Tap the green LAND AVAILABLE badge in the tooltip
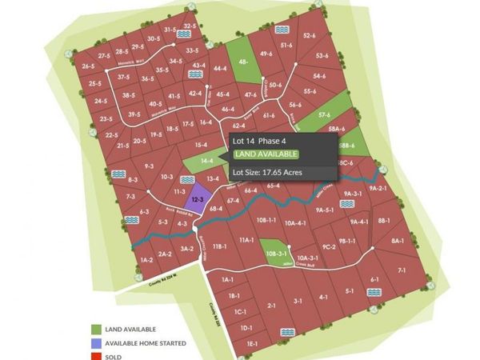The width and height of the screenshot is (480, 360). click(266, 154)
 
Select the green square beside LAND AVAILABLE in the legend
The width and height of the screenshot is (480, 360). click(96, 329)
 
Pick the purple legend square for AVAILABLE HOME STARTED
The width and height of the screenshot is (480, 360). click(96, 343)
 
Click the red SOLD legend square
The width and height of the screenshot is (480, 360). click(96, 356)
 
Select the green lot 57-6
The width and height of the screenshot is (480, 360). click(324, 115)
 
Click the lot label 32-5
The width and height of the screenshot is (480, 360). click(190, 26)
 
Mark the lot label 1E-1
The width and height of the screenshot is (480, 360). click(252, 343)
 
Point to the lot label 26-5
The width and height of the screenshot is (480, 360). click(88, 66)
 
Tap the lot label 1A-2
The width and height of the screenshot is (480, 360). click(146, 261)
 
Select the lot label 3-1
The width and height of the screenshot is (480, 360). click(298, 301)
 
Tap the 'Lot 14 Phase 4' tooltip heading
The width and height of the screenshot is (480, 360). click(259, 141)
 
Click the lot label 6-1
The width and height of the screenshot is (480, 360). click(374, 279)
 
